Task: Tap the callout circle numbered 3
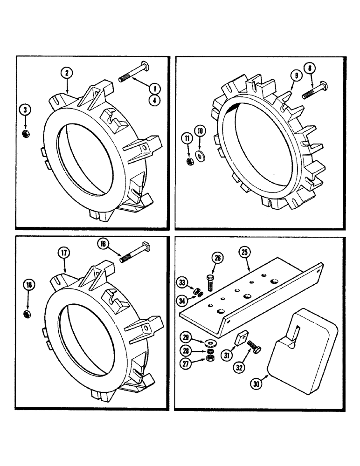(26, 110)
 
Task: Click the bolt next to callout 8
(314, 91)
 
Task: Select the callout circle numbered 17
(64, 254)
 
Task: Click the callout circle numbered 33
(182, 282)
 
